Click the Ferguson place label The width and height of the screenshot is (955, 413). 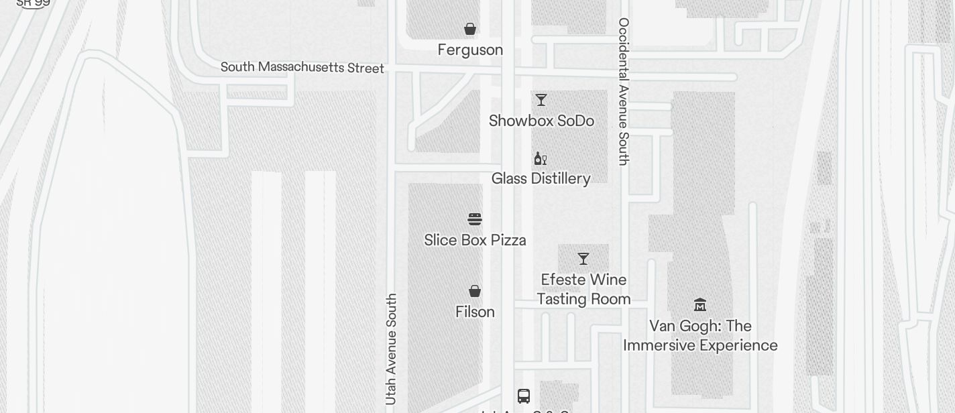click(x=470, y=50)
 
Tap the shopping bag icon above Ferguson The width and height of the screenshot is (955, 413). click(x=470, y=29)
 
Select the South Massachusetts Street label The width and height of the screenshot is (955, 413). click(x=302, y=68)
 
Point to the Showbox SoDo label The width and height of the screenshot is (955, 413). click(x=541, y=121)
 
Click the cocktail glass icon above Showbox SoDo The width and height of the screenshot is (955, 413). click(x=541, y=100)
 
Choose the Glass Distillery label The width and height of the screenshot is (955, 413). click(x=541, y=179)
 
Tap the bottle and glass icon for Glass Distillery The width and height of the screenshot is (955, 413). click(x=540, y=158)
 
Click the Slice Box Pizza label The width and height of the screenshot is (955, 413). click(x=475, y=240)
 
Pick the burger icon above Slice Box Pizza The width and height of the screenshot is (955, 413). click(x=475, y=219)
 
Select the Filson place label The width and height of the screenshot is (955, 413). click(x=475, y=312)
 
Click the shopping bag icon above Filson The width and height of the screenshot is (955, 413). click(x=475, y=291)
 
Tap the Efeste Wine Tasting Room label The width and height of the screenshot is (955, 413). click(x=583, y=290)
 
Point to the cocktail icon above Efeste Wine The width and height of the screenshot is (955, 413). click(x=583, y=259)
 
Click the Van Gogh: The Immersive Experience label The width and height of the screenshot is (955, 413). click(x=700, y=336)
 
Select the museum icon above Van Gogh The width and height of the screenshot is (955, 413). click(x=700, y=305)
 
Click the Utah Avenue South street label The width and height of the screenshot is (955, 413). click(x=392, y=349)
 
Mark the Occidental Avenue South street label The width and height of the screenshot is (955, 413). click(x=624, y=91)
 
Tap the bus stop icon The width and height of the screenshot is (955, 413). click(x=524, y=396)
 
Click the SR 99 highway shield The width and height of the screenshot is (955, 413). click(x=33, y=3)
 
